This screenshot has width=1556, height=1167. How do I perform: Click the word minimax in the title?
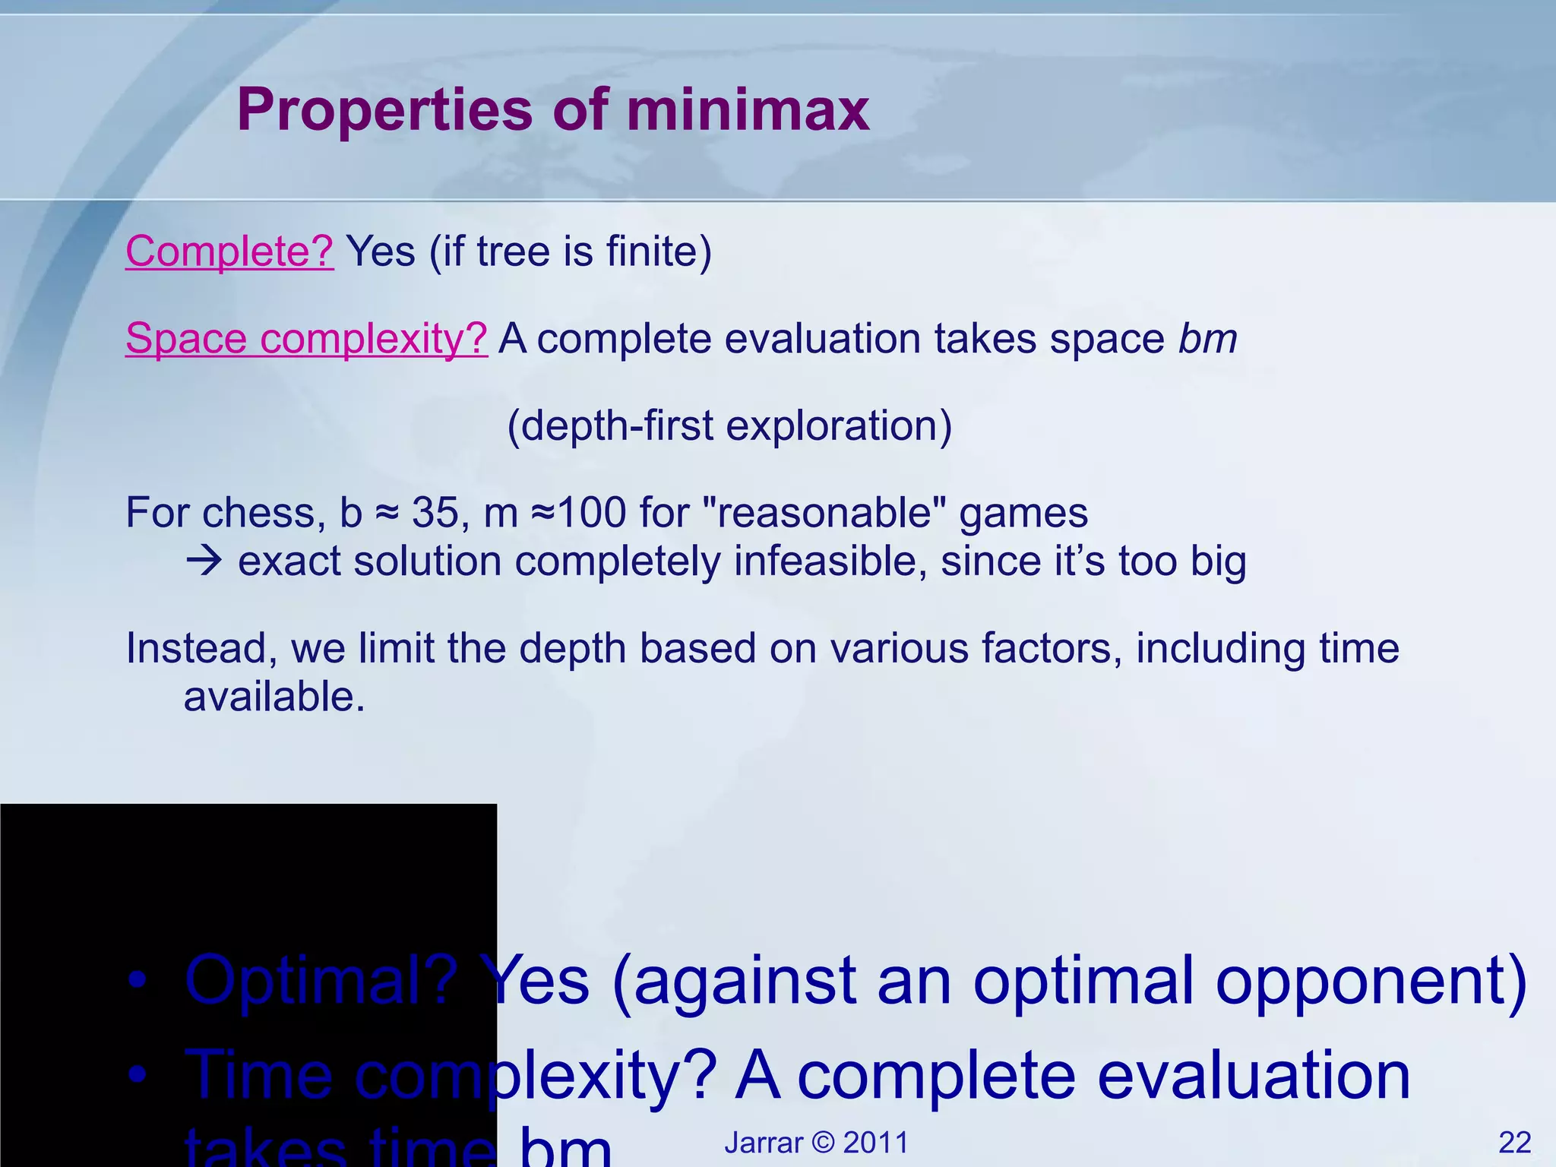(748, 111)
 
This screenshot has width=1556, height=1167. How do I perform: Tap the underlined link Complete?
(229, 251)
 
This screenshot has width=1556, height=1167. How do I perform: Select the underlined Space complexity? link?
(306, 339)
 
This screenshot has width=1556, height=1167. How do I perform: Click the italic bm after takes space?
(1207, 339)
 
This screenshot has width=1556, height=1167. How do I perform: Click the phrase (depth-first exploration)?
(729, 425)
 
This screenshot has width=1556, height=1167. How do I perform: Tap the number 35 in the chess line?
(435, 513)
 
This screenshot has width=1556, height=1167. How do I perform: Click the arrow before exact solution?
(204, 562)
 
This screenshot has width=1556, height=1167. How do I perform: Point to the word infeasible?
(830, 562)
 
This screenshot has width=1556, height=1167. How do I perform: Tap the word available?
(274, 697)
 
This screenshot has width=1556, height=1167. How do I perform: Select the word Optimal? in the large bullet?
(321, 982)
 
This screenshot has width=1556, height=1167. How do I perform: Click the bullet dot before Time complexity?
(137, 1074)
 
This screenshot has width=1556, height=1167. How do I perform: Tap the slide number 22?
(1514, 1143)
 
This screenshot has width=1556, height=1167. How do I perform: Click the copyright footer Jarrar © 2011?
(816, 1143)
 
